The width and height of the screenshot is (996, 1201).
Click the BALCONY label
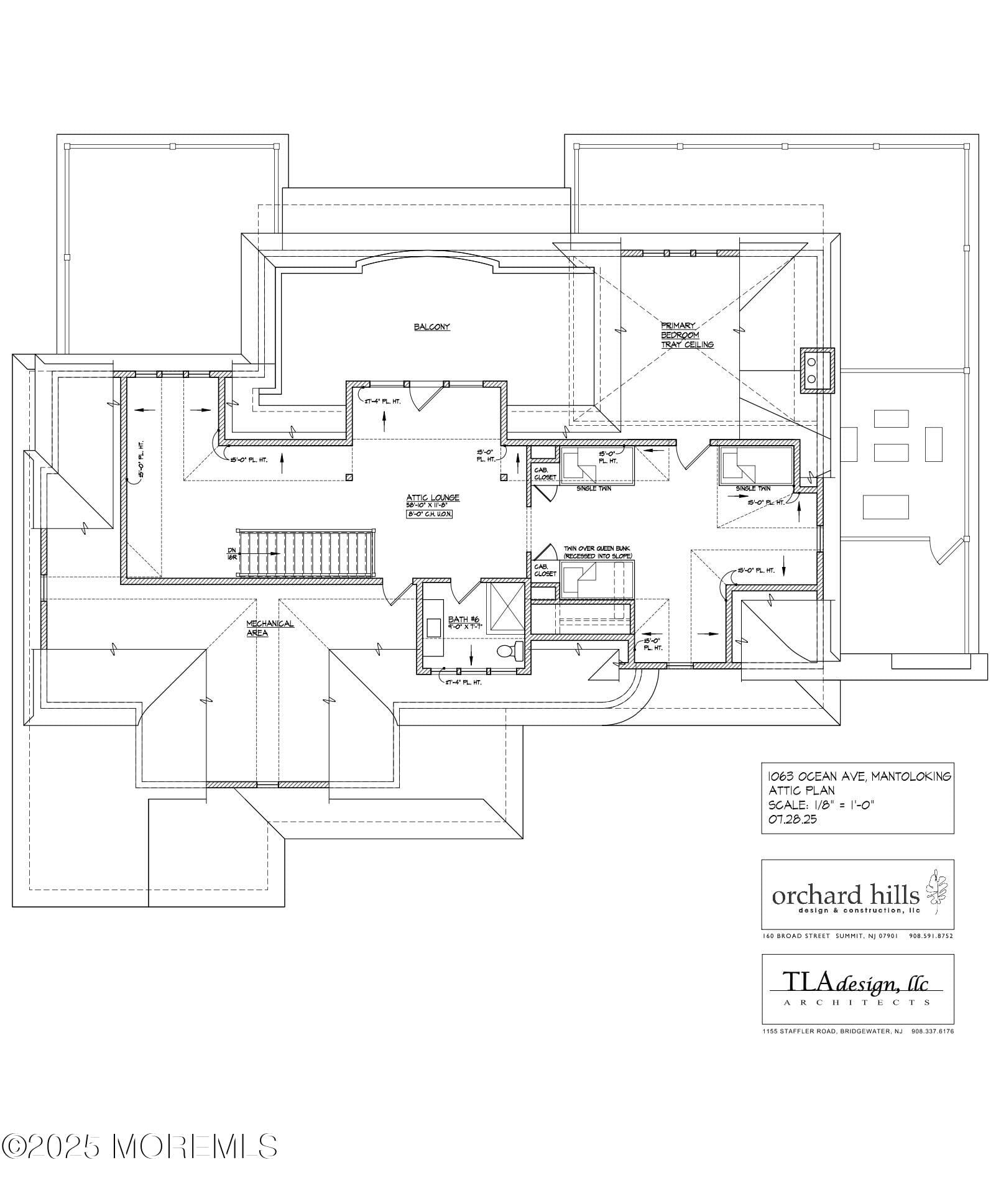coord(431,327)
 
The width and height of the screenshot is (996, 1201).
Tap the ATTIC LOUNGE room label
coord(433,497)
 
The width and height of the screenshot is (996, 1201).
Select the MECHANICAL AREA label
coord(269,628)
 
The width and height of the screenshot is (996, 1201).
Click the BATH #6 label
coord(463,619)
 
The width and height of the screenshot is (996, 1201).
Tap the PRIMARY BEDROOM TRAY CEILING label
coord(686,334)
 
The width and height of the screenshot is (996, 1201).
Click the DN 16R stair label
coord(232,553)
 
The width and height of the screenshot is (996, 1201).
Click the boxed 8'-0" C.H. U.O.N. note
coord(430,514)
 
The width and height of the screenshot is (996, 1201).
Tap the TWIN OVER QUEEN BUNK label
coord(597,551)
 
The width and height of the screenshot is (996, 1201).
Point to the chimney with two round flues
coord(817,370)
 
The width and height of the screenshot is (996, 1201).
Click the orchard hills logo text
coord(846,895)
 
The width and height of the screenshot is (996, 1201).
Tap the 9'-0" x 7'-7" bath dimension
coord(465,627)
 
